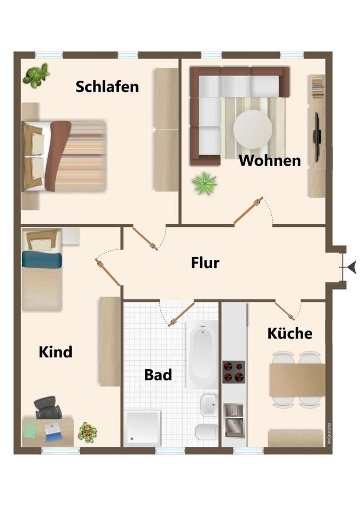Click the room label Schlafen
pos(107,87)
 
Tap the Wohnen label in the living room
pos(270,160)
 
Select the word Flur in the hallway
pos(205,262)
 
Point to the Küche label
pos(289,334)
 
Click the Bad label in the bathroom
pos(158,375)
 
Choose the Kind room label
pos(55,352)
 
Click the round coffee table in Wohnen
pos(253,129)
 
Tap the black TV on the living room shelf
pos(317,137)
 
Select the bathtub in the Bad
pos(202,354)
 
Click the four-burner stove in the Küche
pos(234,372)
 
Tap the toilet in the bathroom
pos(207,431)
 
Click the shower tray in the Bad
pos(142,428)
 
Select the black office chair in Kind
pos(48,408)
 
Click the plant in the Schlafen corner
pos(36,75)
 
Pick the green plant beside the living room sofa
pos(204,184)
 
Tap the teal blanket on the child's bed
pos(41,259)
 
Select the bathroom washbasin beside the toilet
pos(209,405)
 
